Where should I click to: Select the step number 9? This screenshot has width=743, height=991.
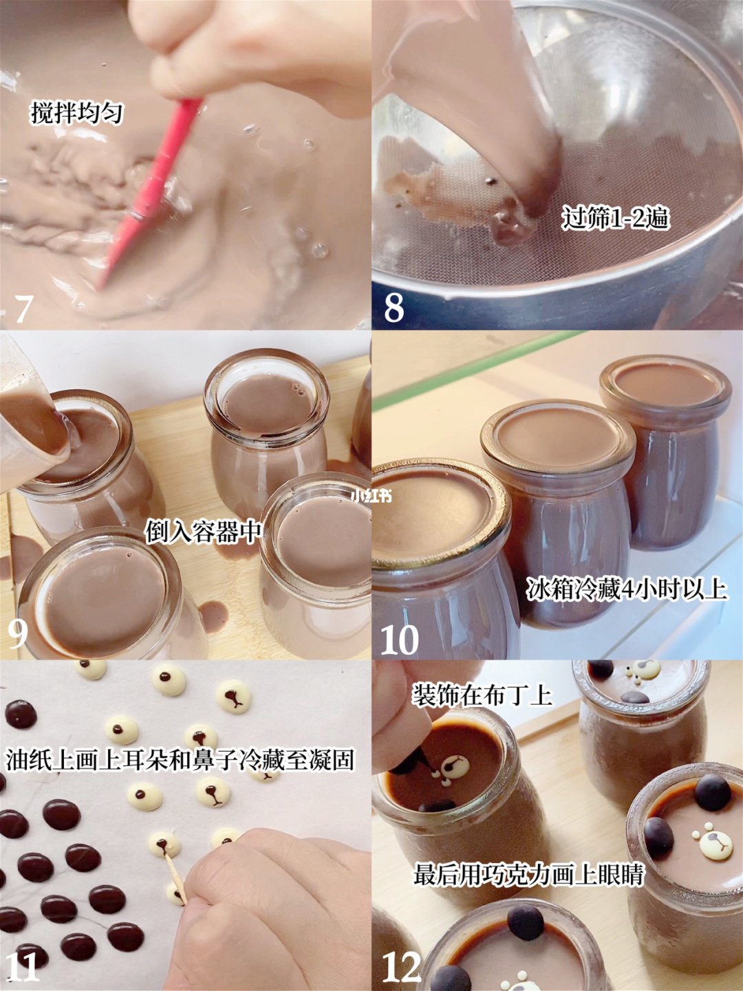coord(17,633)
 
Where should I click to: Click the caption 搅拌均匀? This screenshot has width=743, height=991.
coord(76,112)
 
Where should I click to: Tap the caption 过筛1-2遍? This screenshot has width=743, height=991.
coord(615,219)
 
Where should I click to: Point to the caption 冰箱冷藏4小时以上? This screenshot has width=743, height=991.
coord(627,590)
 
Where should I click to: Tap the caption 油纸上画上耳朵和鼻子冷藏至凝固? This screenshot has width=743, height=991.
coord(180,760)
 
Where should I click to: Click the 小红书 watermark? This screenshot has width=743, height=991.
coord(371,497)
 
